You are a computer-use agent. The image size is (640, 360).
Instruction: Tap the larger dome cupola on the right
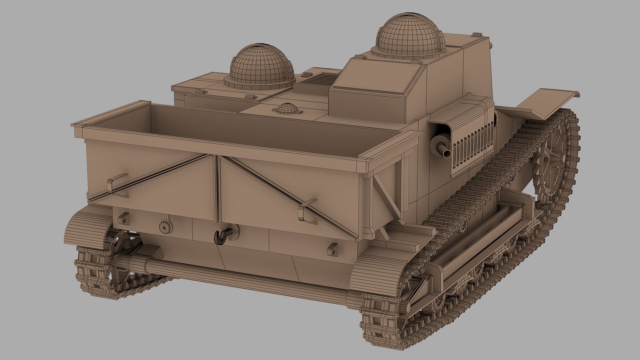tap(411, 37)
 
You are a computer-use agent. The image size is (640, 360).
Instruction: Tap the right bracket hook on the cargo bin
tap(306, 209)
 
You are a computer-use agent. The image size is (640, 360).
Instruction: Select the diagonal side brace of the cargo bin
tap(388, 193)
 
